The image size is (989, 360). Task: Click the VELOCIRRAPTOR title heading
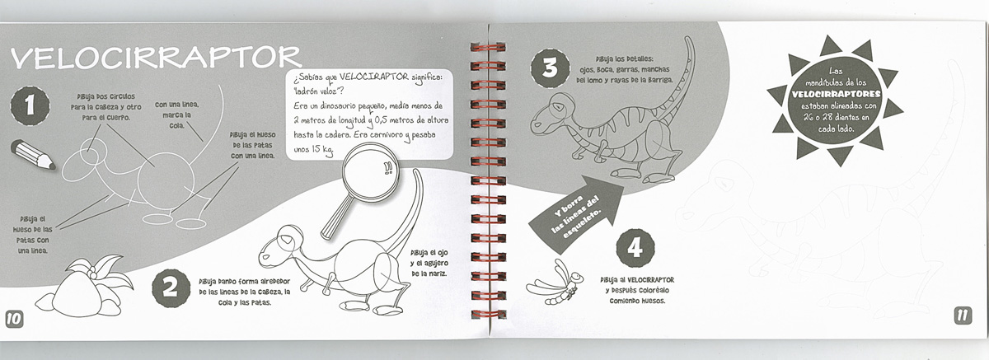[156, 58]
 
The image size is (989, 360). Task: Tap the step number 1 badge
[30, 106]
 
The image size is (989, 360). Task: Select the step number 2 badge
[171, 288]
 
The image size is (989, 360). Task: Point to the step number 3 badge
[551, 69]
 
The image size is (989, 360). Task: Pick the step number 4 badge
[635, 249]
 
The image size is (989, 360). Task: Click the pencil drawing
[33, 154]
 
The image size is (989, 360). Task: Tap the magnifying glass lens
[370, 172]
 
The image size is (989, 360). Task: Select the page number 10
[14, 319]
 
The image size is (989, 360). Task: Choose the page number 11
[963, 316]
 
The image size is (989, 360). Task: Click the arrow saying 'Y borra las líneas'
[576, 214]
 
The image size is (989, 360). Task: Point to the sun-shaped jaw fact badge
[835, 100]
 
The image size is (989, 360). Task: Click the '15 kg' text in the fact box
[322, 149]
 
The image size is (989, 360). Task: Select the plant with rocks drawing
[84, 286]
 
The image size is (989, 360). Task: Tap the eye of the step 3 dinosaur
[560, 107]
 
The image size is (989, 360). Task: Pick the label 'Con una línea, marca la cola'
[176, 115]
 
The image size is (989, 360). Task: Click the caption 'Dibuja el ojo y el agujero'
[429, 263]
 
